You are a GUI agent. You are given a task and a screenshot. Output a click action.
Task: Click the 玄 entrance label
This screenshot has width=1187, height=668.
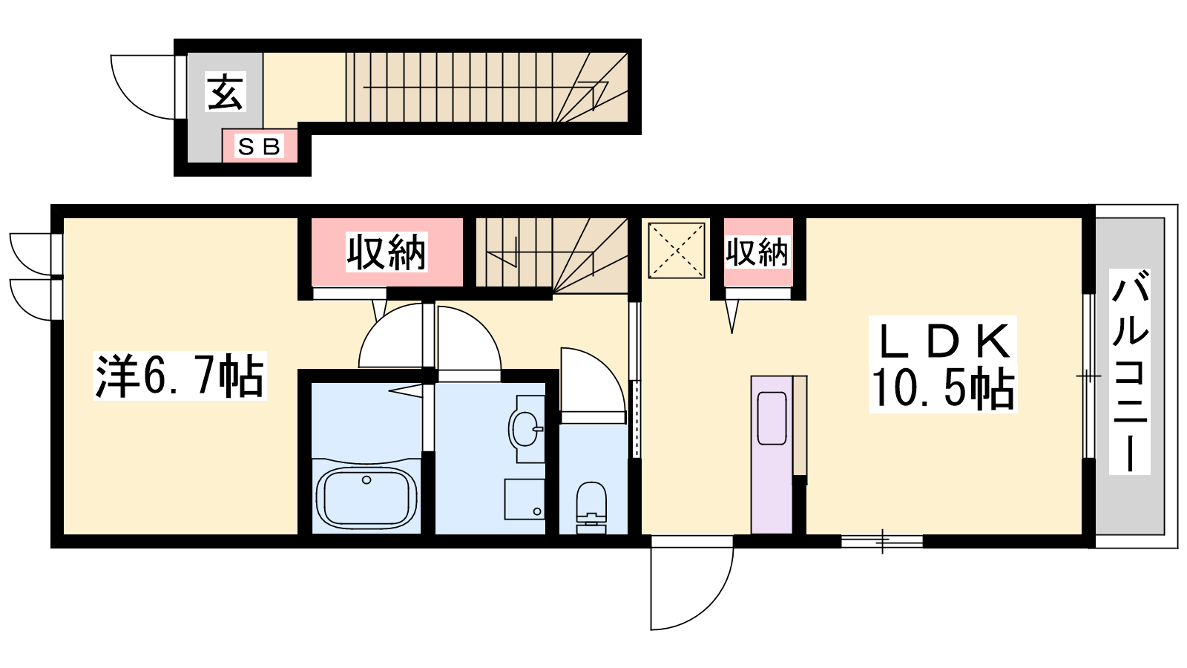click(x=226, y=93)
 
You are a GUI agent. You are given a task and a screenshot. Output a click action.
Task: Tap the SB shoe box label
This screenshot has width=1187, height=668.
click(x=259, y=146)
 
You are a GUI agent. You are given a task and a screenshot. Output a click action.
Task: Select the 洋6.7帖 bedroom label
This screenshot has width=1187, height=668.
click(x=180, y=376)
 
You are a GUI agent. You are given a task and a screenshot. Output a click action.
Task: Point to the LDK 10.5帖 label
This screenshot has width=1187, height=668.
click(x=943, y=364)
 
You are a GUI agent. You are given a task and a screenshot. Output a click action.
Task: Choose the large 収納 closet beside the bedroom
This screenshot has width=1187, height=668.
click(x=387, y=252)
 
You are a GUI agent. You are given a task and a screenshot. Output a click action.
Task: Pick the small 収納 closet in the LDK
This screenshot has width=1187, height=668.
click(x=757, y=252)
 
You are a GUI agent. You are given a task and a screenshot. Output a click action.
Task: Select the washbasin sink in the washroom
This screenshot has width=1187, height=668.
click(x=526, y=429)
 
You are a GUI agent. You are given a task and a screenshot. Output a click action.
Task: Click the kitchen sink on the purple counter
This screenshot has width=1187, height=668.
click(x=772, y=418)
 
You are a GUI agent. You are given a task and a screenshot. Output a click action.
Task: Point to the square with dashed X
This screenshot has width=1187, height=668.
click(x=676, y=250)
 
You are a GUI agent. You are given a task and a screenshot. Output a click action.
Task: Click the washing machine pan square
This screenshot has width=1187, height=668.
click(x=525, y=500)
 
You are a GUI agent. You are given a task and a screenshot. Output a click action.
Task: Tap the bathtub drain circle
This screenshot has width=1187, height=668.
click(x=366, y=479)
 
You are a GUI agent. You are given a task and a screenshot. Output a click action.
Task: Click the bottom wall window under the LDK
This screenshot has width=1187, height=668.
click(x=882, y=541)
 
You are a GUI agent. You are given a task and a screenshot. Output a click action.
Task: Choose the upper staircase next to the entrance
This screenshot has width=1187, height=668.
click(x=487, y=88)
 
